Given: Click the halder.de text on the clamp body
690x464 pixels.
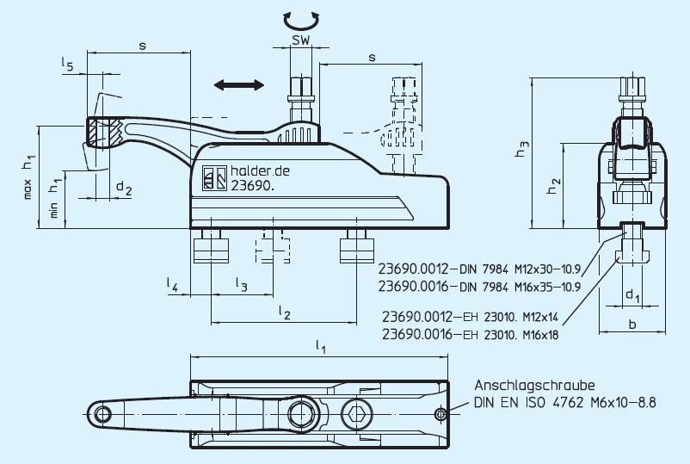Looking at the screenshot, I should [x=259, y=172].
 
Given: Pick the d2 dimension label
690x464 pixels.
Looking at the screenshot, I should [x=124, y=189].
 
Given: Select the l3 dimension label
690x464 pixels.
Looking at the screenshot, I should [x=242, y=283].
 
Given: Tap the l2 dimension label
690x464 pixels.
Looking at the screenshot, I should [x=283, y=311].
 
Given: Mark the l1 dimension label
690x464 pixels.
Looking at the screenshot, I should [x=320, y=347].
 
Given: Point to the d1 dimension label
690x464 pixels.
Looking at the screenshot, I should [x=632, y=296].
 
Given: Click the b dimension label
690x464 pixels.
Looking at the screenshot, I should [x=632, y=325].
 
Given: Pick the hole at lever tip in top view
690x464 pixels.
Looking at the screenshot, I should [x=103, y=415].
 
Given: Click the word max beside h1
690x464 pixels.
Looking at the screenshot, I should [x=28, y=189].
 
